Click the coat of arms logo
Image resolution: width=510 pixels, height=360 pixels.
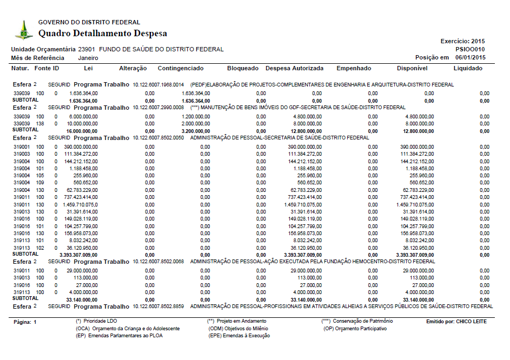(23, 30)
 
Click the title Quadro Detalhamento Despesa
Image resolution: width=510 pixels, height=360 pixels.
(103, 34)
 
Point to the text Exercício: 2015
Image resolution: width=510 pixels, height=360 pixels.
(463, 41)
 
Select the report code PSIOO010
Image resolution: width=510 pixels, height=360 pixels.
(471, 49)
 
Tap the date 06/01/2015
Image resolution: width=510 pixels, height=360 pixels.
(471, 58)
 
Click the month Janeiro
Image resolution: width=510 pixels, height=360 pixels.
(88, 58)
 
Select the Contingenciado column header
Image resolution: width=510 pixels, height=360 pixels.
(181, 69)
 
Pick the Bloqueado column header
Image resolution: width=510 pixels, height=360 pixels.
(243, 69)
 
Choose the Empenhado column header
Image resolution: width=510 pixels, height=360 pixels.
(354, 69)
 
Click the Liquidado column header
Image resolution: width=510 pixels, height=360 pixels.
(468, 69)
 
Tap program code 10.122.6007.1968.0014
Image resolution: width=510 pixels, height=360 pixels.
(158, 85)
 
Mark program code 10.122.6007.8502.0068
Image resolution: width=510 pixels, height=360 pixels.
(158, 262)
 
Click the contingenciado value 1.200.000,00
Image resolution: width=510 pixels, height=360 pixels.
(196, 116)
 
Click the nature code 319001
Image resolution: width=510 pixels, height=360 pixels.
(21, 147)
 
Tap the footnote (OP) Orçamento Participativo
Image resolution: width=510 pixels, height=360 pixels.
(355, 329)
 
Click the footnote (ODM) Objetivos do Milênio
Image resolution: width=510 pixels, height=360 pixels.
(238, 329)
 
